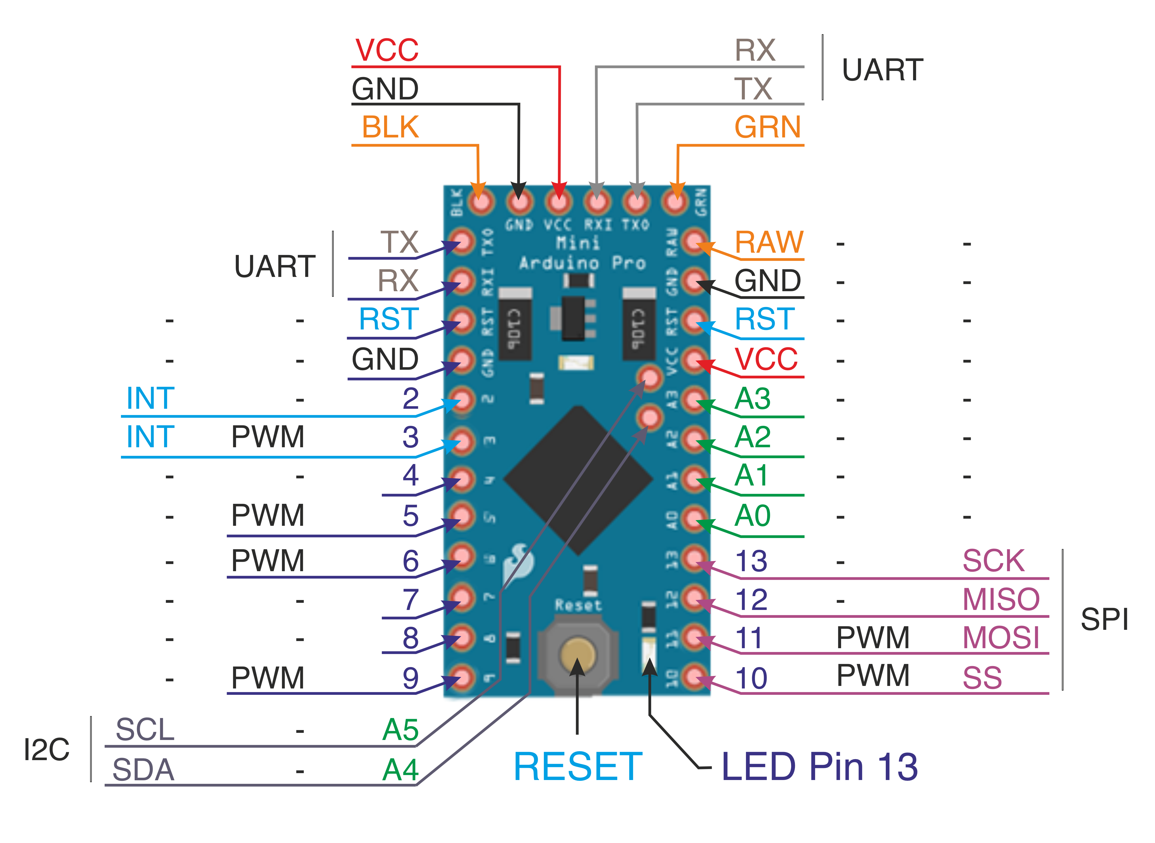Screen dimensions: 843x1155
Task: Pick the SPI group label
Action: (x=1104, y=619)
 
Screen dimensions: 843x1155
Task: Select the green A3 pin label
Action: (x=752, y=399)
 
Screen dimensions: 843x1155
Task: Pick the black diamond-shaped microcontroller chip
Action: (x=578, y=480)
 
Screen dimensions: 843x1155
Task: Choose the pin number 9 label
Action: (x=410, y=678)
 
